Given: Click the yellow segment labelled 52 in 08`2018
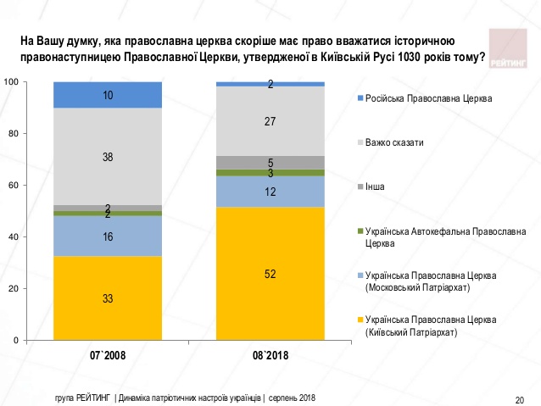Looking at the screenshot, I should tap(270, 273).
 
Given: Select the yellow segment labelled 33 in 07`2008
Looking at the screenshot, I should tap(108, 298).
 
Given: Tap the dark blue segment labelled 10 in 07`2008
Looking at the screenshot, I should tap(108, 95).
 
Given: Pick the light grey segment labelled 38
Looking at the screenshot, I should tap(108, 156).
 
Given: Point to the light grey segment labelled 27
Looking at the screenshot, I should tap(270, 121).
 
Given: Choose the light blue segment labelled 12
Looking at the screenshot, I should tap(270, 192).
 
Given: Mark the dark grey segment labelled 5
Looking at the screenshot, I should tap(270, 163).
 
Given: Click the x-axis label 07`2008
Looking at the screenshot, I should tap(108, 356).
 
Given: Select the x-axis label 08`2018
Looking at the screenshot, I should tap(270, 356).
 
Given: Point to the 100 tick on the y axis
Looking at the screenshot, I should tap(11, 82).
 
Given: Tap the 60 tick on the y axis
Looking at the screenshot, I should tap(13, 186).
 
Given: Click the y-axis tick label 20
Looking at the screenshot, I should tap(13, 289).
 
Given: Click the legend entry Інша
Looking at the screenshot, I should tap(375, 186).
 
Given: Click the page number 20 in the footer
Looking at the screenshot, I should tap(519, 399).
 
